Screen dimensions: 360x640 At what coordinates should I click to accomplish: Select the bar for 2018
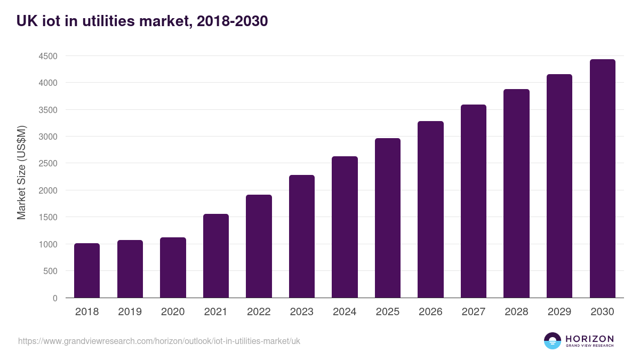87,270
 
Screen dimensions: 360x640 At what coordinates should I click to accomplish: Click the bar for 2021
216,256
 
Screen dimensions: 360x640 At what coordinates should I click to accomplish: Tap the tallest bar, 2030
602,179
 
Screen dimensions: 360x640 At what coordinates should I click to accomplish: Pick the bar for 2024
345,227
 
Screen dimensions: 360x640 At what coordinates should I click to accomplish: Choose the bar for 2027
474,201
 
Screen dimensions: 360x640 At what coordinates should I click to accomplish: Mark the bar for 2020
173,268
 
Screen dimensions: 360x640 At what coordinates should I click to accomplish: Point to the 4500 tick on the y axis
47,56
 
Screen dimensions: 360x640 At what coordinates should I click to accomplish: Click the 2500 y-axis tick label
47,164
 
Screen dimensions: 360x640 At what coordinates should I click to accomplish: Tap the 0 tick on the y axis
55,298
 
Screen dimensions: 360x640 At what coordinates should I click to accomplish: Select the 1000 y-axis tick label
47,244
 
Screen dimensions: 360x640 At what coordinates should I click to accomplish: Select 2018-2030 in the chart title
232,21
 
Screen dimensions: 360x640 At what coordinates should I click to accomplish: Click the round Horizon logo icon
553,341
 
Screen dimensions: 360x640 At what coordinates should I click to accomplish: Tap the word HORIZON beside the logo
589,339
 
